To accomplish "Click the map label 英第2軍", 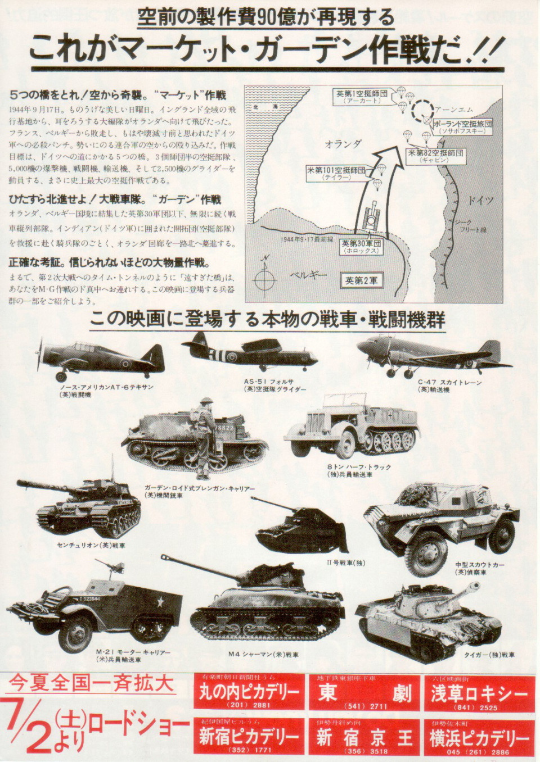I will pos(362,280).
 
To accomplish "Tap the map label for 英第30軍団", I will pos(361,246).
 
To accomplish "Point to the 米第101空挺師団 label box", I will pos(336,173).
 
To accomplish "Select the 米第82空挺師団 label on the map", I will pos(435,156).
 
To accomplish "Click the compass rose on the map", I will pos(264,279).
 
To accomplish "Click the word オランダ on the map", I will pos(343,144).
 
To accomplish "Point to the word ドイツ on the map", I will pos(480,201).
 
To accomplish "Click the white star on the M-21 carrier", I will pos(160,603).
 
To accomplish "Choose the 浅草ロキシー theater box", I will pos(479,693).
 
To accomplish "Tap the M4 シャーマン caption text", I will pos(263,654).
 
